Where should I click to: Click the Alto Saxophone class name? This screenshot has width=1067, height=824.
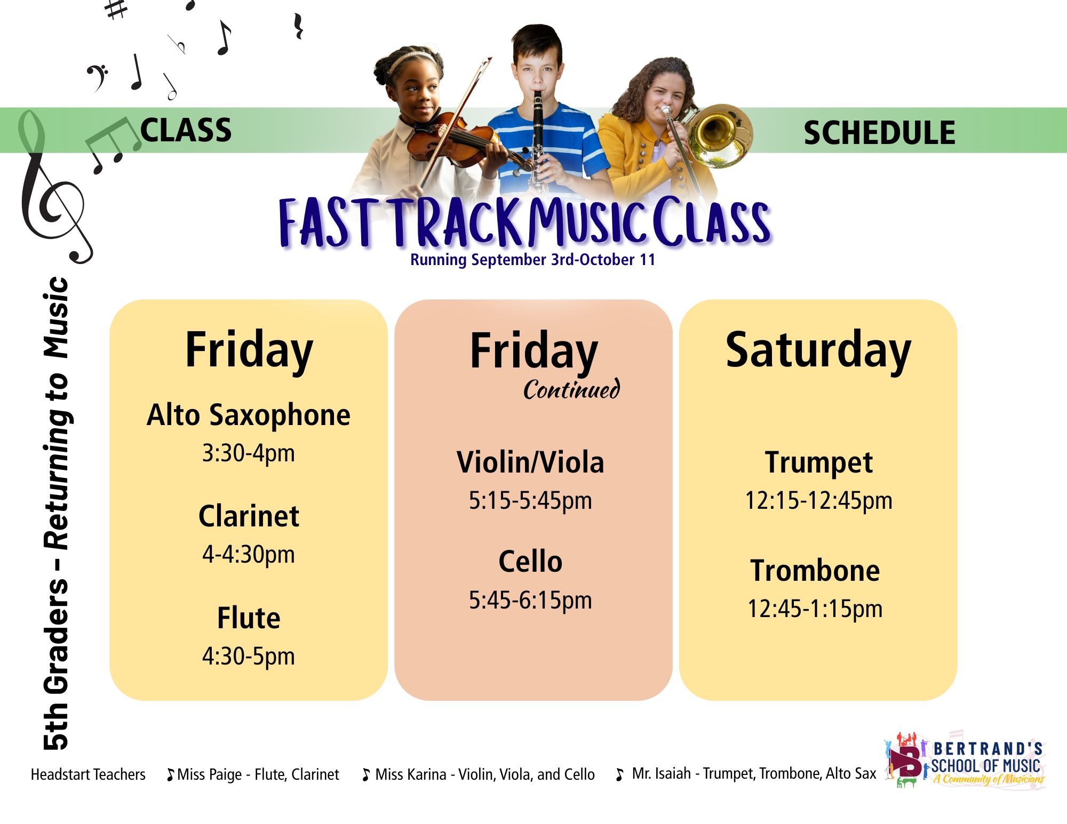249,415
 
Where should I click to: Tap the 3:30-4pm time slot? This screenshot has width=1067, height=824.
249,453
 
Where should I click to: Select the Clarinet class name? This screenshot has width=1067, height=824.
249,516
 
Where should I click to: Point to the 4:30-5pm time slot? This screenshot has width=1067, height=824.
249,656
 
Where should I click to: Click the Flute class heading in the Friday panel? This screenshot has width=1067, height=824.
249,618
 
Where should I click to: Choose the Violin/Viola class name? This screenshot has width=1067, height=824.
530,462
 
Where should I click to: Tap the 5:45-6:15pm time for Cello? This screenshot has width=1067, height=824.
530,600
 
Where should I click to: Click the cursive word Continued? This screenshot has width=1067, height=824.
571,389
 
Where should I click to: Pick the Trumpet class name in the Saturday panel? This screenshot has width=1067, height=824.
818,462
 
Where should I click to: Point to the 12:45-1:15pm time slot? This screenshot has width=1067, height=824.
815,609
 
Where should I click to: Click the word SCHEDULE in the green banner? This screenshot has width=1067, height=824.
879,133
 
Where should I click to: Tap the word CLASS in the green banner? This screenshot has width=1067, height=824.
186,130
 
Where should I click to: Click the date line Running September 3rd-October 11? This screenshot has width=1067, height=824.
532,260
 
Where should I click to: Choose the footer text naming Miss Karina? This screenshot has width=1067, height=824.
479,774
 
